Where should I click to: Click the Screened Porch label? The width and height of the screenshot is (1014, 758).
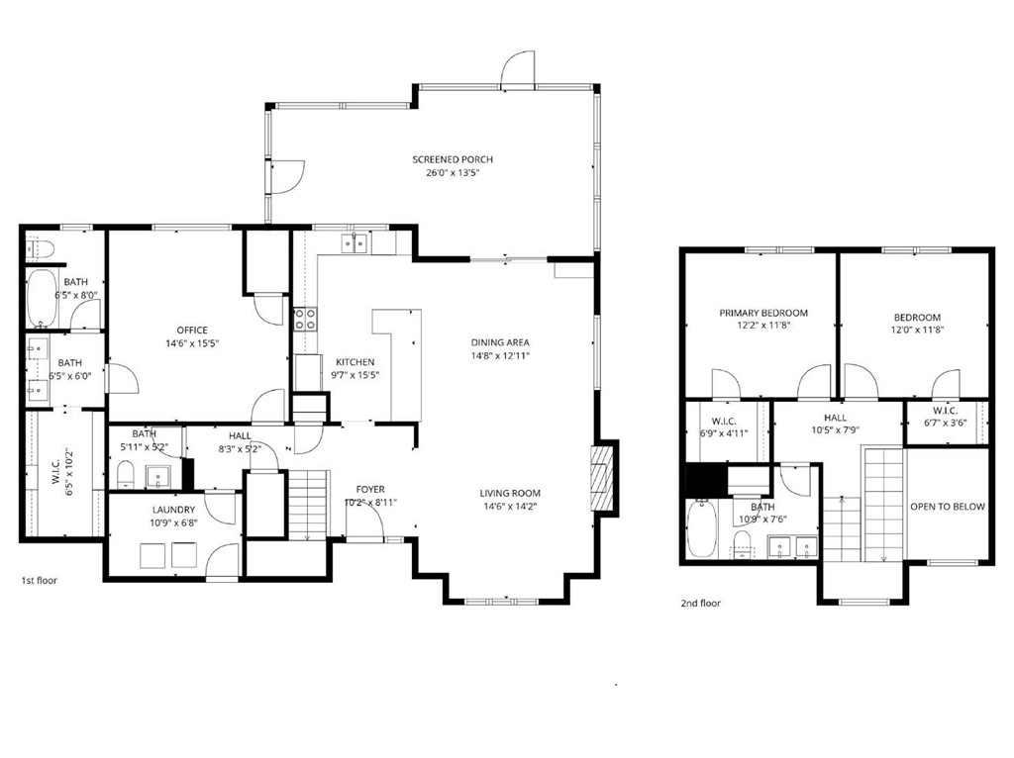point(453,159)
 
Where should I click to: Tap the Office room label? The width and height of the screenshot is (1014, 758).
point(191,331)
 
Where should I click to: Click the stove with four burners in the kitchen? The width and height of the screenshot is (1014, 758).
point(305,319)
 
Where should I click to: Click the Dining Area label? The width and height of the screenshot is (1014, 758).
point(500,342)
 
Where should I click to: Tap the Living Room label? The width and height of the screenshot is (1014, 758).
point(510,493)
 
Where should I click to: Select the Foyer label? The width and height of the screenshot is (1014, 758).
point(370,489)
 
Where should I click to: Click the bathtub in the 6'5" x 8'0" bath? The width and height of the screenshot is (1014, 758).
point(43,298)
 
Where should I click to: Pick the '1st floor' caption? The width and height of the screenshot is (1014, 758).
point(40,581)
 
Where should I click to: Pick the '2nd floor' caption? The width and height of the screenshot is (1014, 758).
point(700,603)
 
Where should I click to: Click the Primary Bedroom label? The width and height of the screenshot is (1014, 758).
point(762,313)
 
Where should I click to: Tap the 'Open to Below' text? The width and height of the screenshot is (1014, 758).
point(948,507)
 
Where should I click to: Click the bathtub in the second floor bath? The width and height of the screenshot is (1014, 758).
point(701,530)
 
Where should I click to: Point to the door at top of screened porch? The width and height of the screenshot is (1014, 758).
point(518,69)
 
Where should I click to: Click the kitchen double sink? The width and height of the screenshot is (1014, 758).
point(355,242)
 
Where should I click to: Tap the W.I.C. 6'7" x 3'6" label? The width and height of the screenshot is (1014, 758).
point(944,411)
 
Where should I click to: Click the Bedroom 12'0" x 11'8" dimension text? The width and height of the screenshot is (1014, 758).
point(915,330)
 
